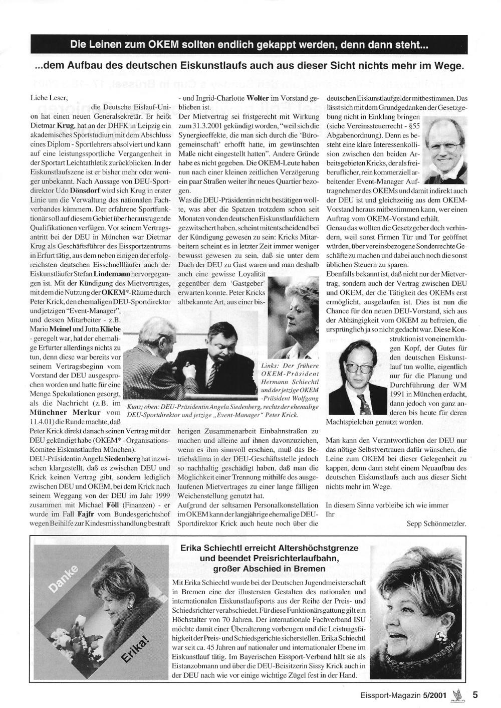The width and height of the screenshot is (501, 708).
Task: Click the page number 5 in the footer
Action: pyautogui.click(x=474, y=695)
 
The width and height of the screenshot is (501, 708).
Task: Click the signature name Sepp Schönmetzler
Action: pyautogui.click(x=437, y=524)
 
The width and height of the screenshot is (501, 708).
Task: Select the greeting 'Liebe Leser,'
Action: pyautogui.click(x=49, y=98)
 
